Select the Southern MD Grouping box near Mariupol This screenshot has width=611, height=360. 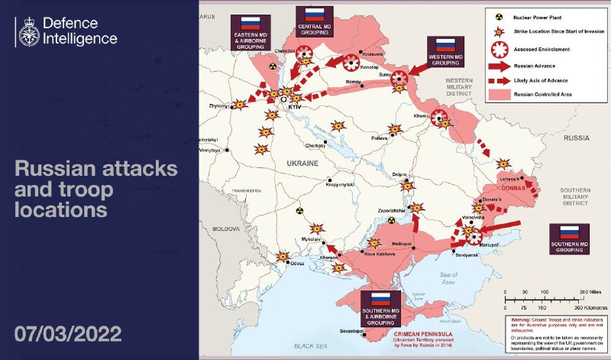[x=568, y=238]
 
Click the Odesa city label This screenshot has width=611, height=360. [x=297, y=264]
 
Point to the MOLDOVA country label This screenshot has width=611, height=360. [x=225, y=229]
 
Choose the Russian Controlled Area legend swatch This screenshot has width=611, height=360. [x=499, y=96]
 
